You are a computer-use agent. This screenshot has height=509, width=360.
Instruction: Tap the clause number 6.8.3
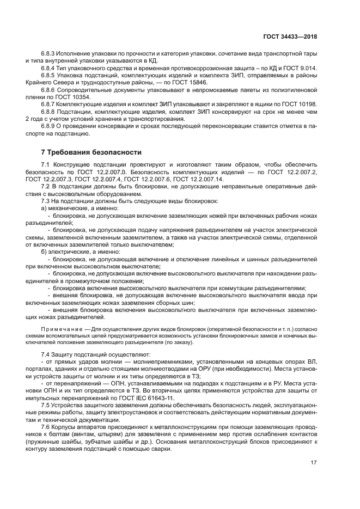click(x=49, y=54)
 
